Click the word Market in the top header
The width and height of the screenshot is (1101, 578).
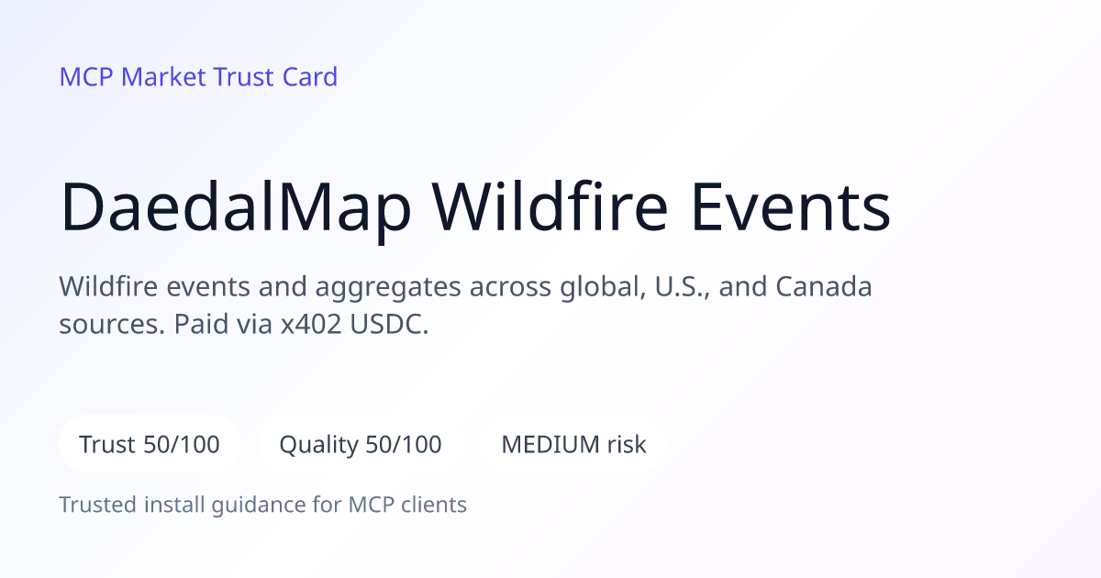(163, 77)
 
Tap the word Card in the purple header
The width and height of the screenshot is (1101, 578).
(310, 77)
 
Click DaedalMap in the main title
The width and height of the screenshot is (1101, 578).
(236, 206)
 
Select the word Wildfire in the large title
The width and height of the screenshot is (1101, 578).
(550, 206)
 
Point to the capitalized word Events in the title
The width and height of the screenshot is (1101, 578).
(790, 206)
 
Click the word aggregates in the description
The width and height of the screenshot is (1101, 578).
(388, 288)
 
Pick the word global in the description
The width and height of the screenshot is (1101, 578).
(603, 287)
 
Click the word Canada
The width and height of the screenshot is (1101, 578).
(824, 286)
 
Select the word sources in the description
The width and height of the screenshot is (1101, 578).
(112, 325)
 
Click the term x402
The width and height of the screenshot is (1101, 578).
(311, 325)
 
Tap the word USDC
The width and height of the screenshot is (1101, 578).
(389, 325)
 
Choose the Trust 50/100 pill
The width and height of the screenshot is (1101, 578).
(150, 444)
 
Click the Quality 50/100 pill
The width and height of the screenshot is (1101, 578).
(361, 444)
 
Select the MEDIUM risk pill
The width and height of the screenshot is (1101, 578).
(573, 444)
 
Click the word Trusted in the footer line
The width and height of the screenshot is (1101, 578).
(98, 506)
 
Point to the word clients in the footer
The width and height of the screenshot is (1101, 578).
(433, 506)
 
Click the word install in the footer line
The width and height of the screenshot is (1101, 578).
(174, 506)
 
